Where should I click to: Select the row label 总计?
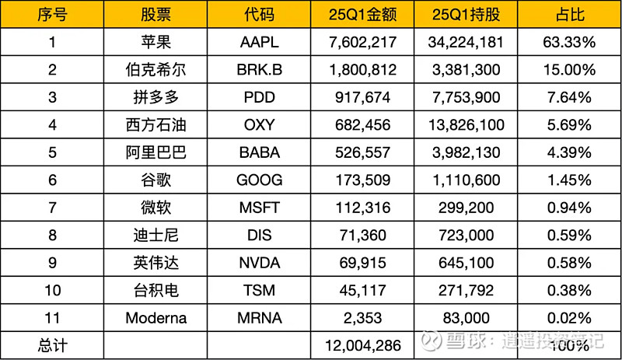point(52,344)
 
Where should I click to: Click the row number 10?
point(52,290)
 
